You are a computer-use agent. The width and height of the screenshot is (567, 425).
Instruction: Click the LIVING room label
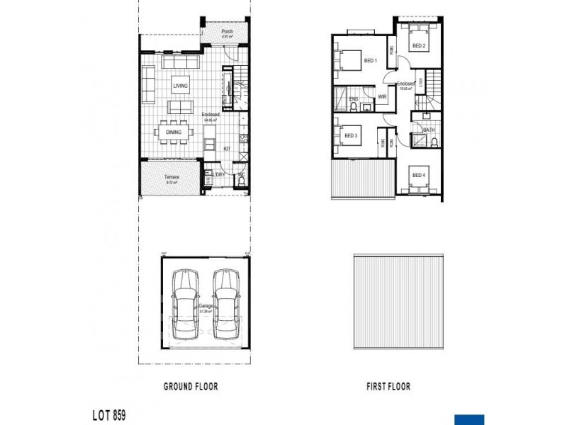[180, 86]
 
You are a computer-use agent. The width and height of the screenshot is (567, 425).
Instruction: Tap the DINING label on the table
[174, 132]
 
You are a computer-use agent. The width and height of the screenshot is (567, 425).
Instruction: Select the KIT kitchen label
[228, 149]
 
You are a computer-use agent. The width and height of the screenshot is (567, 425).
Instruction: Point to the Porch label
[227, 32]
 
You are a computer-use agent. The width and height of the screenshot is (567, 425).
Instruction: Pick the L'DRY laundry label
[219, 174]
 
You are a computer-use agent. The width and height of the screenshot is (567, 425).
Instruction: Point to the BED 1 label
[370, 61]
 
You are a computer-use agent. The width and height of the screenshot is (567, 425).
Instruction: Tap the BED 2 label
[418, 46]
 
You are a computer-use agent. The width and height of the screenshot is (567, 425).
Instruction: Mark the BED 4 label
[418, 175]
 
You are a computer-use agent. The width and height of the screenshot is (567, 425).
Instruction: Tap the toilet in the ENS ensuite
[352, 108]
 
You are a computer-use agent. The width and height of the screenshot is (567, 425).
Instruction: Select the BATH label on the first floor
[429, 130]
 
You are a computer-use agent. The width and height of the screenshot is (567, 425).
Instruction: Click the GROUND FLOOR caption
[191, 387]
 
